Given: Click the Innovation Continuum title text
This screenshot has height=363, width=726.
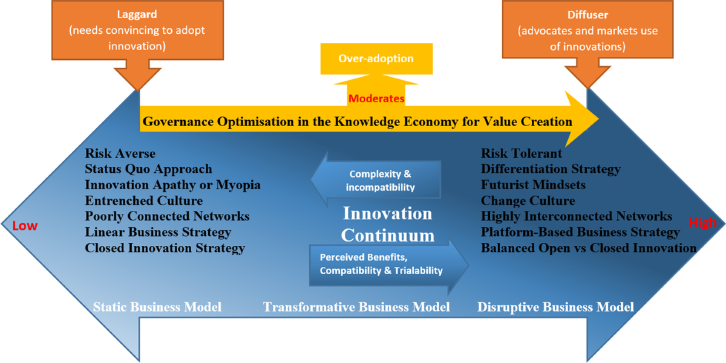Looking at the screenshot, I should click(x=388, y=224).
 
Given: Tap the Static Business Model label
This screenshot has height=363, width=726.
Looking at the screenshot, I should click(x=157, y=307).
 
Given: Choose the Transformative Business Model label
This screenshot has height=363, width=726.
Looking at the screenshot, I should click(x=356, y=307).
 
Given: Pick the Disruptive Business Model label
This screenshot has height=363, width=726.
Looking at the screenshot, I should click(x=555, y=307).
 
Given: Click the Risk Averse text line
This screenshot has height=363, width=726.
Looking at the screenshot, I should click(x=120, y=153).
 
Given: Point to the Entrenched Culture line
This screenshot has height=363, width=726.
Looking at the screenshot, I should click(x=144, y=201).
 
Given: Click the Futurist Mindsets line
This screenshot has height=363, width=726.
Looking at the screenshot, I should click(x=533, y=185).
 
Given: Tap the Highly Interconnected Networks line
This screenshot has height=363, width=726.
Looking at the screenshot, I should click(x=577, y=216).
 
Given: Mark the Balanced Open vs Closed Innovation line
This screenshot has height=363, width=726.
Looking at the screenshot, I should click(x=589, y=248).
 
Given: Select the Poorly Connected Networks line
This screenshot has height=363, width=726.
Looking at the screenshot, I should click(x=168, y=216).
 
